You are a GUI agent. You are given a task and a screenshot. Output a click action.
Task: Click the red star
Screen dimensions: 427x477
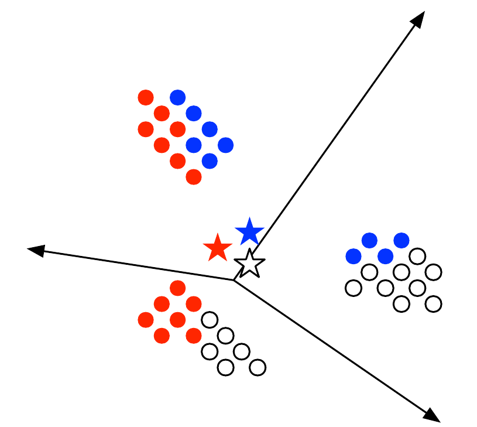tap(217, 248)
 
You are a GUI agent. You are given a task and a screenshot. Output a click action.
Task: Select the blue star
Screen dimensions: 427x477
tap(250, 232)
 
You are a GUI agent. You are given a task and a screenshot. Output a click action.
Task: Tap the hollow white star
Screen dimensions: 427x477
tap(250, 264)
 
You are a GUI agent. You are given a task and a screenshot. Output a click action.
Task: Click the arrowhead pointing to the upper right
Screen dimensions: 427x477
tap(418, 18)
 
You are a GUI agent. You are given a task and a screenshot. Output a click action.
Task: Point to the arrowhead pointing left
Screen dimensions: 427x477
tap(35, 250)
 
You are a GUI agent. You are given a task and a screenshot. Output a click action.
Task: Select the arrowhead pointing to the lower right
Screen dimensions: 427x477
tap(433, 415)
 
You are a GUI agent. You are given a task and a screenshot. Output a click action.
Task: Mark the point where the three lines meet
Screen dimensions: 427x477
tap(234, 281)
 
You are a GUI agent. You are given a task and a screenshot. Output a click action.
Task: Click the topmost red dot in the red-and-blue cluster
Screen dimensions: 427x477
tap(146, 97)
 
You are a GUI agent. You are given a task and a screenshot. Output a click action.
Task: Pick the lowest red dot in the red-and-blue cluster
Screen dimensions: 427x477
tap(194, 176)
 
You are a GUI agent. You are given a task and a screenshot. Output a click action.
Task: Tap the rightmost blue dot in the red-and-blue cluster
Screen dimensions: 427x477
tap(225, 145)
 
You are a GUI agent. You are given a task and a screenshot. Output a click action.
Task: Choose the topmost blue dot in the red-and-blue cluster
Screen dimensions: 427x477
tap(177, 97)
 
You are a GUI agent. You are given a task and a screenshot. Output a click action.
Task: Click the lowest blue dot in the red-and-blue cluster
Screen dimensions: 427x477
tap(210, 160)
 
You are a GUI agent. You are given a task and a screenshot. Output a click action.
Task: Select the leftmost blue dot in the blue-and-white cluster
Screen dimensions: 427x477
tap(354, 256)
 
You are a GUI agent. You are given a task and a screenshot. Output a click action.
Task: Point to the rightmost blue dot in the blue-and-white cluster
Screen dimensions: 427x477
tap(401, 240)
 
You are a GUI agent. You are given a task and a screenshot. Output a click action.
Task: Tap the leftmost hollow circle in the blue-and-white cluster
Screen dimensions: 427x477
tap(354, 288)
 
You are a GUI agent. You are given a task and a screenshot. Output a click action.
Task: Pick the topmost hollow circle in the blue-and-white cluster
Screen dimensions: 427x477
tap(417, 256)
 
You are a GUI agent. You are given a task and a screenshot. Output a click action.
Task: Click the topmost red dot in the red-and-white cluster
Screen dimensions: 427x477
tap(177, 288)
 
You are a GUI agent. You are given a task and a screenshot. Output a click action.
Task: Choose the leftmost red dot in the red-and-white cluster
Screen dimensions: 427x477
tap(146, 320)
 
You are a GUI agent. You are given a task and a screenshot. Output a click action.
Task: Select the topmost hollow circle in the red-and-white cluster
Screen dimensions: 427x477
tap(210, 320)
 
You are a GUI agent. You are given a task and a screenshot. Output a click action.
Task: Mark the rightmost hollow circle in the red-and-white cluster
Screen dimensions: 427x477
tap(257, 367)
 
